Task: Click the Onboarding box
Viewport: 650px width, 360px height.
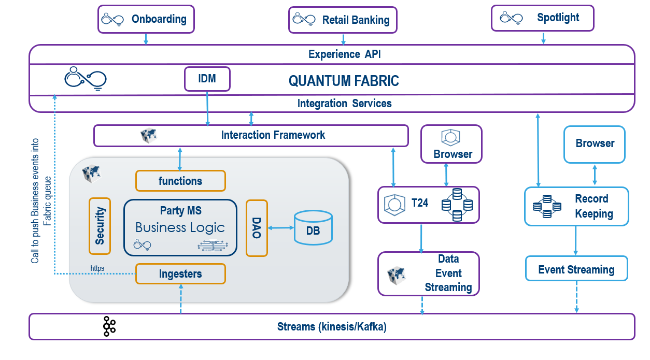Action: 146,20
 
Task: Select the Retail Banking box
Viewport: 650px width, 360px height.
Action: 343,20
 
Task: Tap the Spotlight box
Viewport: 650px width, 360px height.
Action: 542,18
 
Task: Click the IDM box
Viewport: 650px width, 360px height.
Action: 207,79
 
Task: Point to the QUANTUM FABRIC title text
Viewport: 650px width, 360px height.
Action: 344,81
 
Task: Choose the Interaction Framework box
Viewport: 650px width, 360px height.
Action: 251,135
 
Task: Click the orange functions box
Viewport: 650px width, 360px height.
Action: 180,181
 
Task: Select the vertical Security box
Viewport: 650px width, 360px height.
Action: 100,226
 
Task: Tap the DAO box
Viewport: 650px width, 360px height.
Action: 257,228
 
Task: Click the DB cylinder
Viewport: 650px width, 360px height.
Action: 313,228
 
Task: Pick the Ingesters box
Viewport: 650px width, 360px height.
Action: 180,273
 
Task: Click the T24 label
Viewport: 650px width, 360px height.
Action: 420,203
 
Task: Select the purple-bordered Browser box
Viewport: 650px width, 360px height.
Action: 451,144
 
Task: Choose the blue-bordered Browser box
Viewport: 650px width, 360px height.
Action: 595,143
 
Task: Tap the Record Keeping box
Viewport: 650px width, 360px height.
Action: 576,206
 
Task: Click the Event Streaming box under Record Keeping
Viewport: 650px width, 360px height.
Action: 576,269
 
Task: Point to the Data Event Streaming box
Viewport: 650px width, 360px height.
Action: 429,273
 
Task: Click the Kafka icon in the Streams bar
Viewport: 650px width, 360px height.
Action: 109,326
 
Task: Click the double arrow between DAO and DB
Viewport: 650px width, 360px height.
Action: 280,228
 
